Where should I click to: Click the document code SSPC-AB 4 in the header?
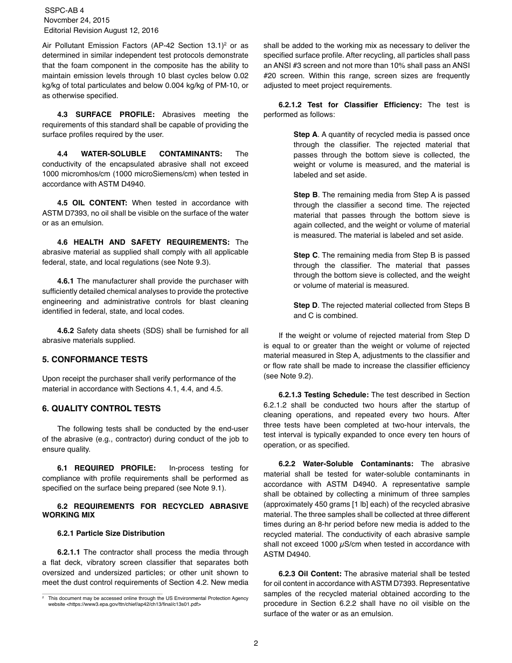coord(65,10)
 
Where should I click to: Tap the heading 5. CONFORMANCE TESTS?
coord(95,360)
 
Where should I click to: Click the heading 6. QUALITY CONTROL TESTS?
coord(101,409)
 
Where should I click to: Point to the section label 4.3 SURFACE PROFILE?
coord(106,114)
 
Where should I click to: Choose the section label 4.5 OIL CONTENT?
coord(92,203)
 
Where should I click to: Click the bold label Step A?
coord(305,134)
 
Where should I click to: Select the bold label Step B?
coord(305,195)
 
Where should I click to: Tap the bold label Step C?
coord(305,255)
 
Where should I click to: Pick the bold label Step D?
coord(305,305)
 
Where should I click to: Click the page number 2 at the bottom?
coord(256,643)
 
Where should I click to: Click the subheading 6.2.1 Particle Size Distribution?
coord(110,533)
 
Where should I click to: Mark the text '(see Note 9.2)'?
coord(288,376)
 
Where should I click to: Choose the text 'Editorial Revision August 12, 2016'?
coord(101,31)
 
